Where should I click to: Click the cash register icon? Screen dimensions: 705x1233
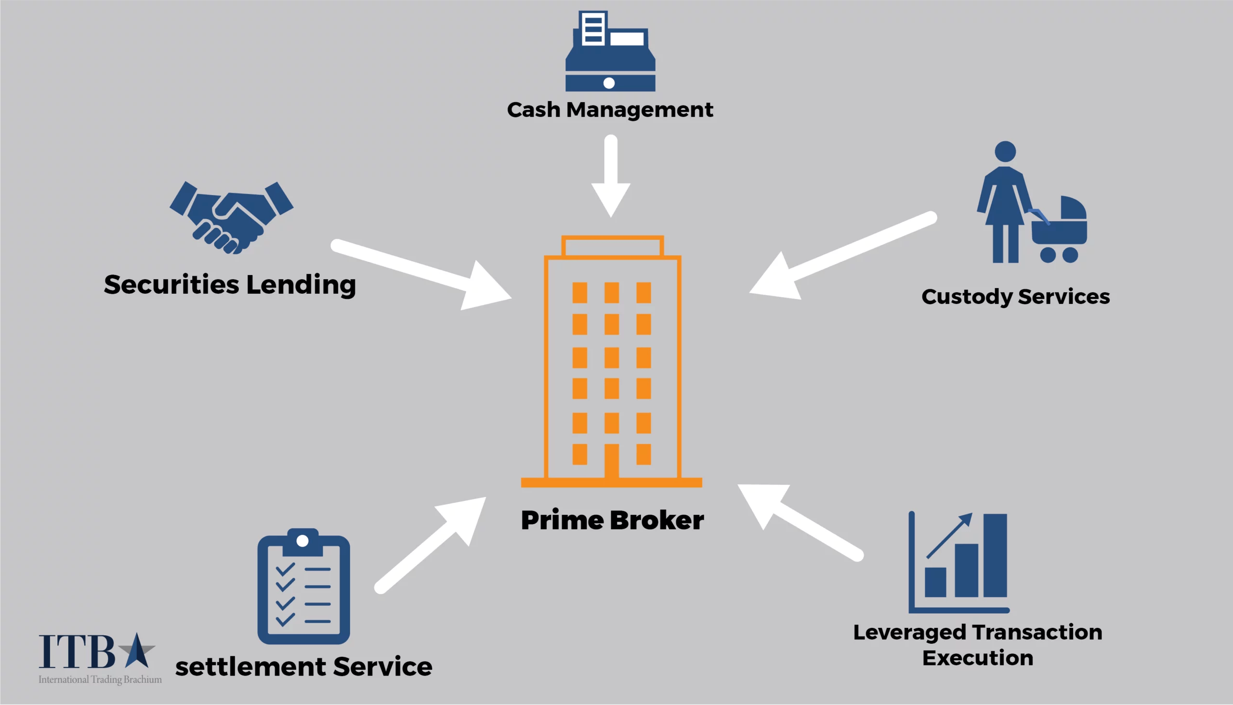pos(610,53)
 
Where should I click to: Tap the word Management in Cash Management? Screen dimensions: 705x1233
pos(639,110)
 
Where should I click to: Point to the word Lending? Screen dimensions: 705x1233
pos(301,285)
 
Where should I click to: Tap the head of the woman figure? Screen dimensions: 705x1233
pos(1005,152)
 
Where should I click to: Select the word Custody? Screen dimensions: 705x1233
pos(966,297)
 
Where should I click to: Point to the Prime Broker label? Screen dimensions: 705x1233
pos(612,521)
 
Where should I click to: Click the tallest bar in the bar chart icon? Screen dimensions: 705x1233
pos(995,555)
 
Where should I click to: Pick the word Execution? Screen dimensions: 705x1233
pos(977,658)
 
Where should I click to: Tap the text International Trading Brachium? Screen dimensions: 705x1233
pos(100,679)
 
